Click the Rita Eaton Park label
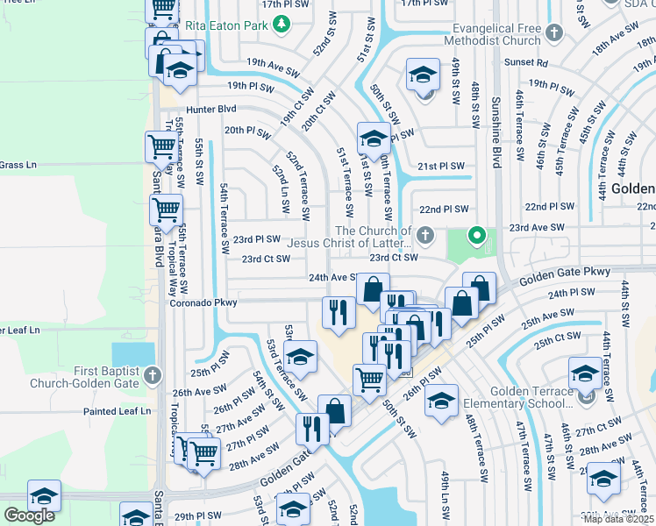pyautogui.click(x=225, y=26)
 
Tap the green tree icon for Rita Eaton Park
pyautogui.click(x=281, y=26)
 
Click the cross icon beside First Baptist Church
pyautogui.click(x=153, y=376)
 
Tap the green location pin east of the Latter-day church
pyautogui.click(x=476, y=235)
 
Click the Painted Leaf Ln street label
pyautogui.click(x=117, y=411)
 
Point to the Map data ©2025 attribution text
pyautogui.click(x=617, y=519)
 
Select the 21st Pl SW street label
pyautogui.click(x=440, y=166)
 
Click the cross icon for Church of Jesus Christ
pyautogui.click(x=425, y=235)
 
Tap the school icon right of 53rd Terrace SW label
pyautogui.click(x=300, y=356)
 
